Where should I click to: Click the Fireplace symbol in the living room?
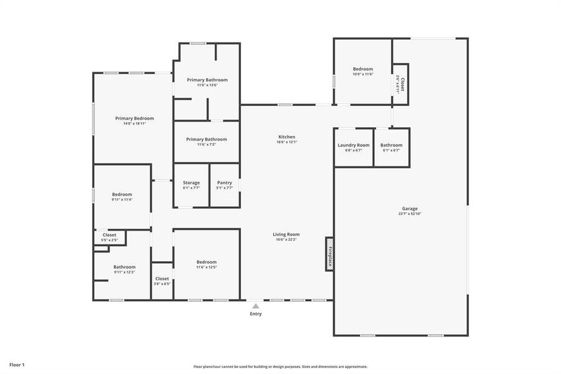(329, 254)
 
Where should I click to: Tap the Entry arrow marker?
(255, 306)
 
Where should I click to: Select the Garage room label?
(410, 208)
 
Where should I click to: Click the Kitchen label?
(286, 137)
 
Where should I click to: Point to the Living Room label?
(286, 234)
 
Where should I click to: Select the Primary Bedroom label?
(134, 118)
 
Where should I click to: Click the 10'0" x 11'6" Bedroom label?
(363, 69)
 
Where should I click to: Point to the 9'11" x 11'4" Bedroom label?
(122, 194)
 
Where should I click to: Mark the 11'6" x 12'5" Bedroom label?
(207, 262)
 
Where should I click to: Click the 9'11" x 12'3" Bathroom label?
(125, 267)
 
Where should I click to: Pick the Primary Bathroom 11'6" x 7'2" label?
(207, 139)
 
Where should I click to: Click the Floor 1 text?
(17, 364)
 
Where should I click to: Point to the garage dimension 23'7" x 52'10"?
(410, 214)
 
